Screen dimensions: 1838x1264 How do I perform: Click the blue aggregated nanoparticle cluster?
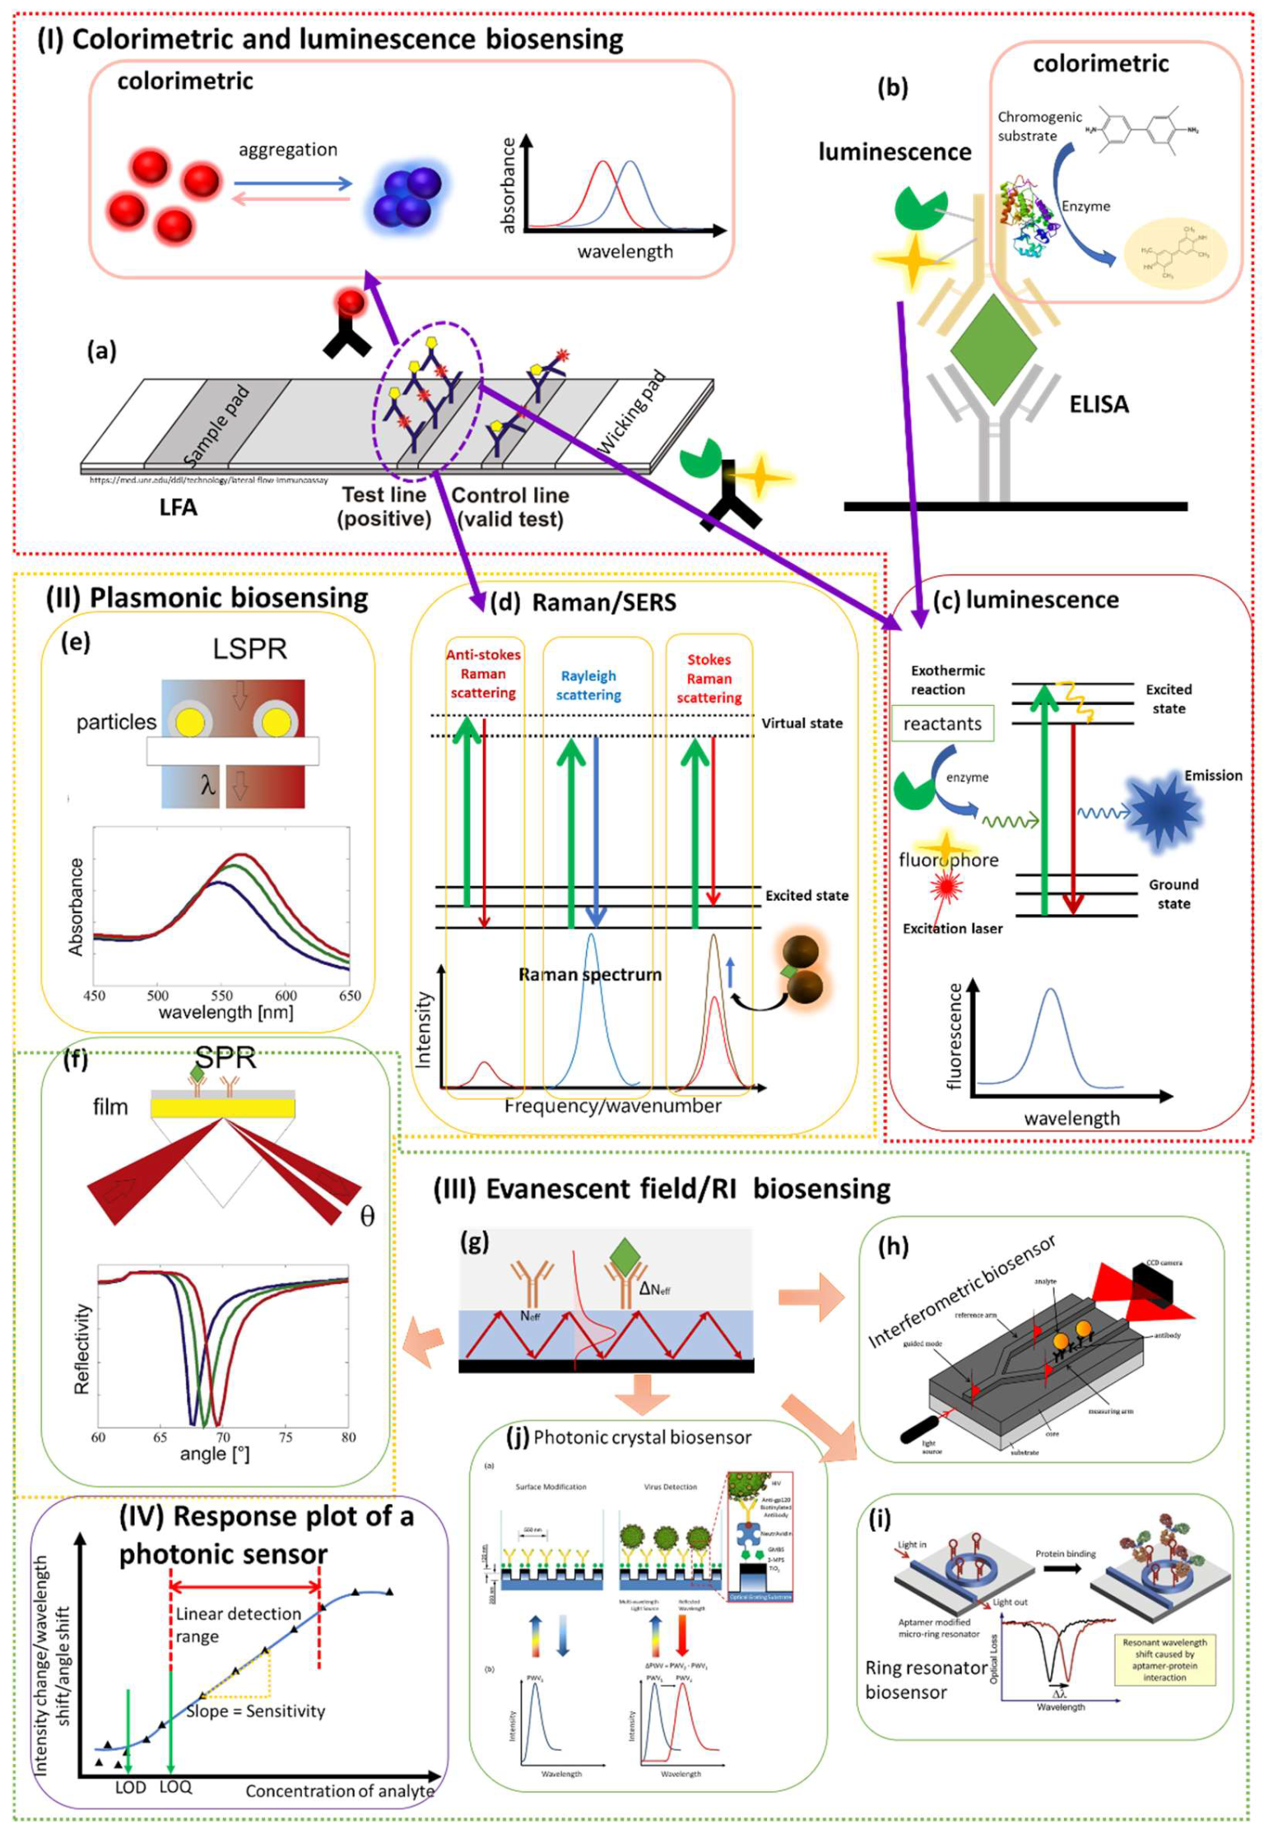[x=407, y=196]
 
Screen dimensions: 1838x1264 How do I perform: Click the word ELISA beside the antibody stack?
[x=1098, y=404]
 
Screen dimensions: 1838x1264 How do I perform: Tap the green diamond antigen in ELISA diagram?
[x=992, y=350]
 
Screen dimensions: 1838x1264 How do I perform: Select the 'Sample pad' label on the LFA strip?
[x=216, y=426]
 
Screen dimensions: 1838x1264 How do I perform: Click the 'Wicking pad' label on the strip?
[x=630, y=413]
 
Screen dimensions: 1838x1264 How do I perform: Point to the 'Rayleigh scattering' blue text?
[x=588, y=685]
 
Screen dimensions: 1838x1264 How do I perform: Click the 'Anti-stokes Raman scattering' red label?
[x=483, y=673]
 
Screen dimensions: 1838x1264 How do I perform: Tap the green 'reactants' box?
[x=942, y=723]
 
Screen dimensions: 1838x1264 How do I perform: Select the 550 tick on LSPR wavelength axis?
[x=221, y=995]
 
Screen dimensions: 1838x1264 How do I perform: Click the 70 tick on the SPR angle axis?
[x=223, y=1437]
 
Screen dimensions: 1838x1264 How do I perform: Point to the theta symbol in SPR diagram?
[x=367, y=1216]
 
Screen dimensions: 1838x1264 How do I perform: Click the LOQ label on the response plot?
[x=175, y=1787]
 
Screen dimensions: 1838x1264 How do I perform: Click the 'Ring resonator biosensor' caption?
[x=924, y=1680]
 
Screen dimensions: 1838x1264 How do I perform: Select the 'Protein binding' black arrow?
[x=1063, y=1568]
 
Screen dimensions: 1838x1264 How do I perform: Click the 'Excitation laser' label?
[x=952, y=928]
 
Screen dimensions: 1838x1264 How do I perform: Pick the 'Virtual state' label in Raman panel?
[x=802, y=723]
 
